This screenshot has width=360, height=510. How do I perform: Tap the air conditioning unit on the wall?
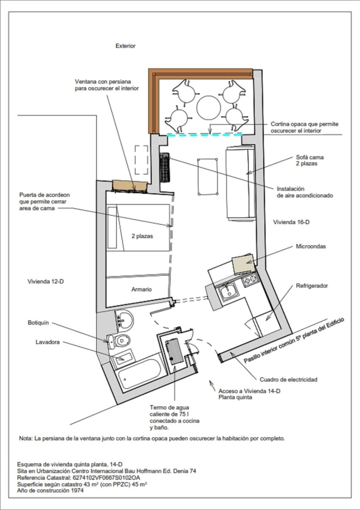165,167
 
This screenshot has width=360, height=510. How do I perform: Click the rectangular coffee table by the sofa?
207,177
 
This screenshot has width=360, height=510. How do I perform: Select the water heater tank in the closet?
174,351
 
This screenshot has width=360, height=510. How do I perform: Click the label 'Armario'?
142,289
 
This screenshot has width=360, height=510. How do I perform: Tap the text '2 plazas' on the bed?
142,236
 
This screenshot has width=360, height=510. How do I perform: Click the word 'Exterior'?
125,46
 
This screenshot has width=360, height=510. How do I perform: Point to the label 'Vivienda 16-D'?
291,222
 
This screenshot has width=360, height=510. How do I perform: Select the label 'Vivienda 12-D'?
46,282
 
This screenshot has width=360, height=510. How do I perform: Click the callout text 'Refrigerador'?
312,286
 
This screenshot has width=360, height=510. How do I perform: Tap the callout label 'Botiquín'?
38,323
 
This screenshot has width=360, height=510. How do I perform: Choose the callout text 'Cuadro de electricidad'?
288,380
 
